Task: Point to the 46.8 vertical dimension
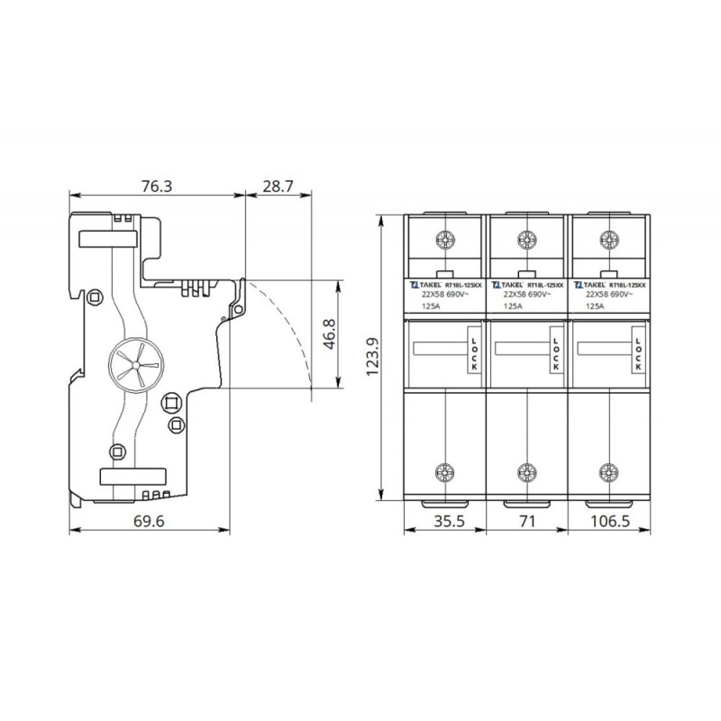point(330,334)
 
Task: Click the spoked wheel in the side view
point(132,364)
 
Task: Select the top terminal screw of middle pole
point(525,240)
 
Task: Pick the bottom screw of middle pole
point(525,471)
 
